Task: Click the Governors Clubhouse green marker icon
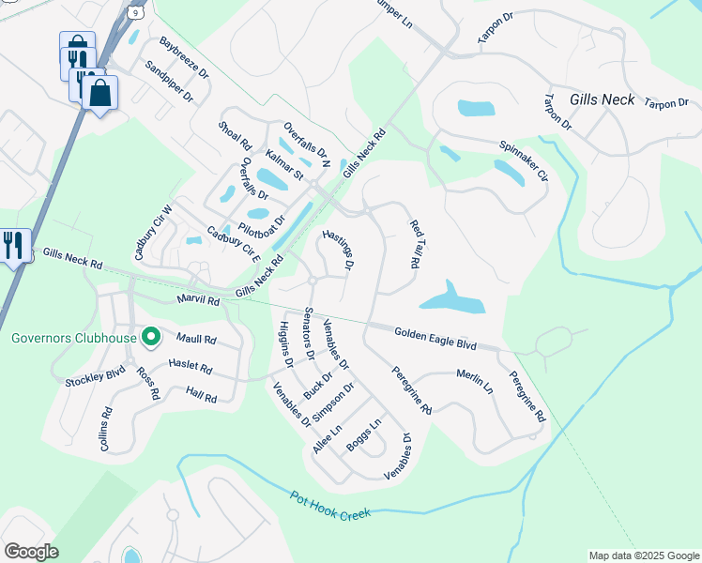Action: [149, 337]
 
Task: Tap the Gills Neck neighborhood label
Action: [602, 99]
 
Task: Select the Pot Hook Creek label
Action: [330, 506]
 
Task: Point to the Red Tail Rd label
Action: [414, 244]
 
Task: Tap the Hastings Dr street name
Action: [337, 251]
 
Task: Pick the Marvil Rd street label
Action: [197, 300]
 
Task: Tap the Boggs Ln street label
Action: [364, 435]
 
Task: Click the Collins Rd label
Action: [106, 429]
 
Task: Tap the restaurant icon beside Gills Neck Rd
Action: [13, 246]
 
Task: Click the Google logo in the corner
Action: [31, 552]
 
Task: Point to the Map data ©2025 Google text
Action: [644, 555]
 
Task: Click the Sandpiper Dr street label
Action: [169, 82]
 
